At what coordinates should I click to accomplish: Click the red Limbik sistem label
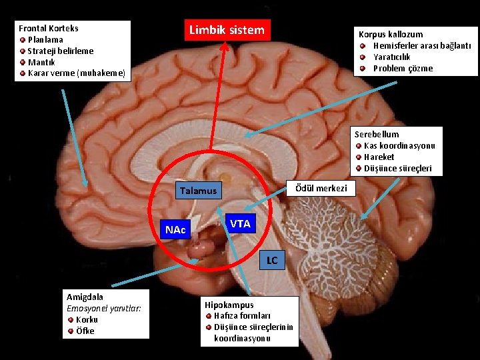[x=227, y=30]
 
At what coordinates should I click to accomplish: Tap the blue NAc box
[x=175, y=230]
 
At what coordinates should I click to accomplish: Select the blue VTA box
[x=239, y=224]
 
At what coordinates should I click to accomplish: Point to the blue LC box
[x=272, y=260]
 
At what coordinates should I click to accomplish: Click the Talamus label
[x=198, y=191]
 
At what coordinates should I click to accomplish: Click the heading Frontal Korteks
[x=48, y=28]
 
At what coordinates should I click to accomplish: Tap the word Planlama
[x=45, y=39]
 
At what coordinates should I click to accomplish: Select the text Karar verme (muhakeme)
[x=76, y=73]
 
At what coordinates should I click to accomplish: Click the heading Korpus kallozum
[x=390, y=34]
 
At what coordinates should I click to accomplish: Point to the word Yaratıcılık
[x=391, y=57]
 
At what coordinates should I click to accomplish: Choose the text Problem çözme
[x=403, y=68]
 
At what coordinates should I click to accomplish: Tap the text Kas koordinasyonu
[x=399, y=145]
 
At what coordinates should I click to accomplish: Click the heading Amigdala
[x=85, y=297]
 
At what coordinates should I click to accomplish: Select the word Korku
[x=87, y=319]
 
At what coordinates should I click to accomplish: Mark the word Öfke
[x=85, y=331]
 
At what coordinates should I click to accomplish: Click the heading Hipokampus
[x=229, y=305]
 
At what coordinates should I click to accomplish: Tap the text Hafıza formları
[x=242, y=315]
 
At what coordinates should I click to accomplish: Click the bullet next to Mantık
[x=23, y=62]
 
